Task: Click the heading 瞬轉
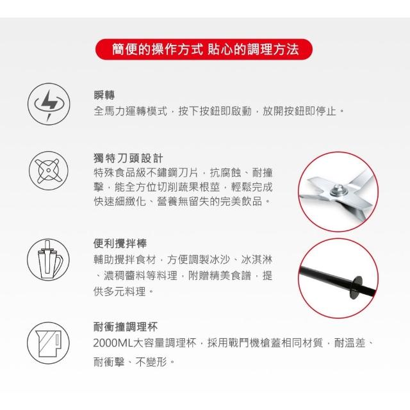104,95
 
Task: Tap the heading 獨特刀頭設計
128,158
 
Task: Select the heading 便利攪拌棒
120,243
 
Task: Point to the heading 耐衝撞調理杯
126,327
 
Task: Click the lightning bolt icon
49,104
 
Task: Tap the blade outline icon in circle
49,171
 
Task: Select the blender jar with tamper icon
49,259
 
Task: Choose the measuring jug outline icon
49,343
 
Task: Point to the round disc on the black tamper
356,287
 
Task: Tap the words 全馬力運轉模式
130,111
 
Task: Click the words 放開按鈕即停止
299,111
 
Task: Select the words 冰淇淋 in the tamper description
257,259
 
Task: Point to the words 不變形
151,362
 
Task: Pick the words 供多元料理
120,291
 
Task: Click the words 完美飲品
241,201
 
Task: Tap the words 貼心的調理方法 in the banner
253,49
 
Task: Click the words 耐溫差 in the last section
350,343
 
